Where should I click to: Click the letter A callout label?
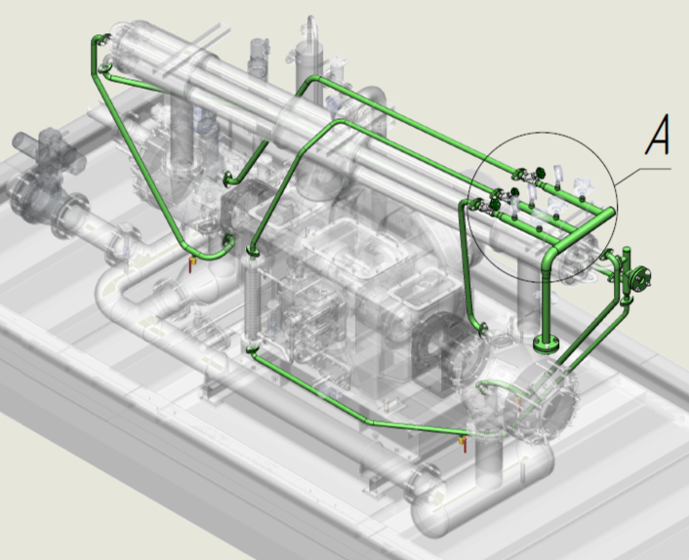pos(658,135)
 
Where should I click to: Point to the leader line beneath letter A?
pos(643,175)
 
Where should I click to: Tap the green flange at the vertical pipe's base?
pos(547,344)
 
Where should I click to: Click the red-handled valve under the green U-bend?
pos(191,264)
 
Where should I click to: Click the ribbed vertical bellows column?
pos(251,300)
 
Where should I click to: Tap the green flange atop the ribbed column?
pos(252,252)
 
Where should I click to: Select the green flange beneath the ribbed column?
pos(251,349)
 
